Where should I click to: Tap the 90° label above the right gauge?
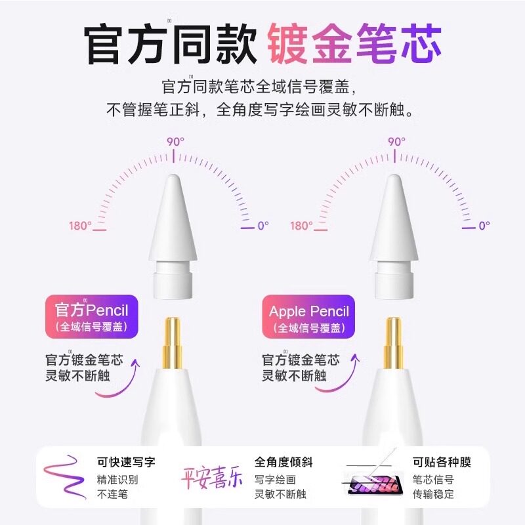coord(396,141)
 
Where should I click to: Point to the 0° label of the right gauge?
coord(484,226)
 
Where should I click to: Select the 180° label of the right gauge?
coord(301,226)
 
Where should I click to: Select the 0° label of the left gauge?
coord(262,226)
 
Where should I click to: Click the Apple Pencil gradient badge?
coord(309,316)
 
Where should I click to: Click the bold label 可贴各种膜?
coord(442,463)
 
